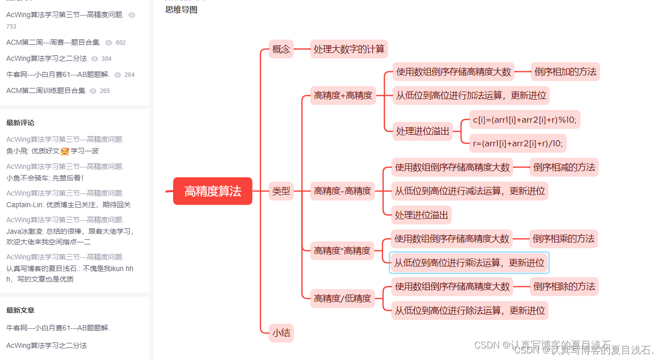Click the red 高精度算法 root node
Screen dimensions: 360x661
(x=212, y=191)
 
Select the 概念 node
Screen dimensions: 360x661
(x=281, y=49)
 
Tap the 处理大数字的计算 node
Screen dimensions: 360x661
(x=349, y=49)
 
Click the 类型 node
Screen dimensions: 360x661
(x=281, y=191)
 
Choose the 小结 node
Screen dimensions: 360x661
(x=281, y=333)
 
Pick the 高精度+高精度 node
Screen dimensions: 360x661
(x=343, y=96)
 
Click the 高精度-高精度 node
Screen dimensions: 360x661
(x=343, y=191)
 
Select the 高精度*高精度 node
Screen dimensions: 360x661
(x=342, y=250)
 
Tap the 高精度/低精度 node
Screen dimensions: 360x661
(x=343, y=298)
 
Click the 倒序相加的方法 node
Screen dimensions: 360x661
(x=565, y=72)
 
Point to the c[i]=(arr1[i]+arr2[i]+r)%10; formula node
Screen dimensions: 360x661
(x=525, y=120)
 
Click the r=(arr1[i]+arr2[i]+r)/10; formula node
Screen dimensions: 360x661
(x=518, y=144)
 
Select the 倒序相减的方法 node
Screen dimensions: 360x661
(x=564, y=167)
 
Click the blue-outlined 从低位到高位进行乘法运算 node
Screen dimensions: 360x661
(x=469, y=262)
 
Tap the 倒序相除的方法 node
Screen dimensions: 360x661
(x=564, y=287)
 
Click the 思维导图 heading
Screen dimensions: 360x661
(x=181, y=10)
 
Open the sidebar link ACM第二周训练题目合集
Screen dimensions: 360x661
(x=46, y=91)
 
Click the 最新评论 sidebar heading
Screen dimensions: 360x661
(x=20, y=123)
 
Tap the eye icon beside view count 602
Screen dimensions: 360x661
(x=109, y=43)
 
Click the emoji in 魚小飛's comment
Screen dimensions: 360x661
(x=65, y=151)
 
